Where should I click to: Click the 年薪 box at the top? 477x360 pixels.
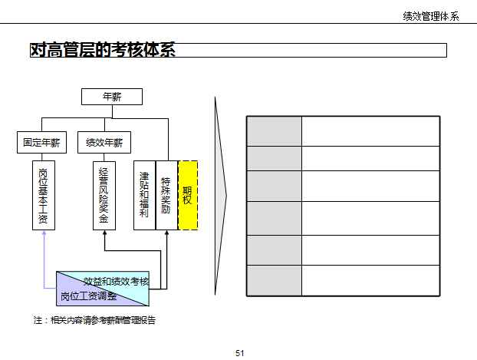click(112, 97)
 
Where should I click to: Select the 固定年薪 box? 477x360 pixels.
click(42, 142)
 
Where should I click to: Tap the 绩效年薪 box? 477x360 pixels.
click(104, 142)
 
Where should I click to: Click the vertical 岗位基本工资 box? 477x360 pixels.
click(44, 195)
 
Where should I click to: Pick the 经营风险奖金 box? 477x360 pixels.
click(104, 195)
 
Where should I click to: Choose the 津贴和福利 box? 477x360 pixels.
click(144, 195)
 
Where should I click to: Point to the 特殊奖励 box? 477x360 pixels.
click(166, 195)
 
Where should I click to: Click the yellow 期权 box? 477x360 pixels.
click(188, 195)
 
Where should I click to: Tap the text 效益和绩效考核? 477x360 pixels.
click(117, 282)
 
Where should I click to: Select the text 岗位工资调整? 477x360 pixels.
click(89, 296)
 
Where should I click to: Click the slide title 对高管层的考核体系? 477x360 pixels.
click(103, 51)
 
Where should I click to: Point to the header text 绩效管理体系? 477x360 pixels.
click(431, 17)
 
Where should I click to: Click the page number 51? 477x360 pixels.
click(239, 352)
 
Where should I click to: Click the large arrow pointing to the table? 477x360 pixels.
click(220, 196)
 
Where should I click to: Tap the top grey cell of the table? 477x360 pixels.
click(274, 130)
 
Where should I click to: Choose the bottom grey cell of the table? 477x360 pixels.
click(274, 280)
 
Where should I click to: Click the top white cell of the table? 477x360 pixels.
click(370, 130)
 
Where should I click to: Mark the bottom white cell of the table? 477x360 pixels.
click(370, 280)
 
